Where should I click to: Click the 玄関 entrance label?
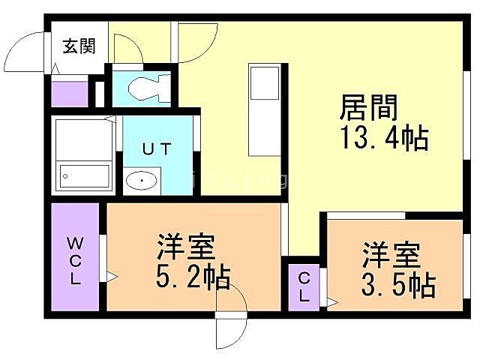pos(78,46)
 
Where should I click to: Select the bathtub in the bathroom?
pos(85,178)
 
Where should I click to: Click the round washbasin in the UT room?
pos(140,180)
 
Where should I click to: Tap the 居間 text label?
pos(368,109)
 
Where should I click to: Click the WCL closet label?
pos(76,260)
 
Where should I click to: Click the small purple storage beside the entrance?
pos(69,93)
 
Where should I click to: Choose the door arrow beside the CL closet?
pos(330,301)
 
